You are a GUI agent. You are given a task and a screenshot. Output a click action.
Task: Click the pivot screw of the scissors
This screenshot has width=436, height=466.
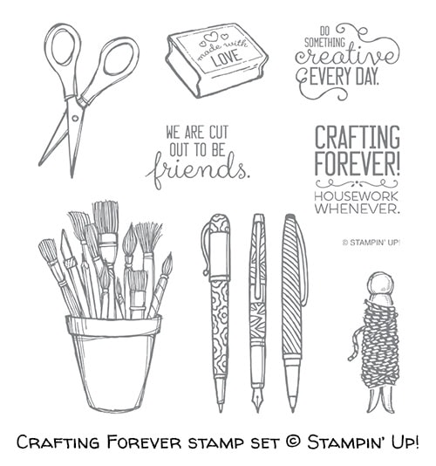tap(75, 119)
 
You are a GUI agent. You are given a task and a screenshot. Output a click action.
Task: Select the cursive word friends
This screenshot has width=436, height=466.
tap(197, 169)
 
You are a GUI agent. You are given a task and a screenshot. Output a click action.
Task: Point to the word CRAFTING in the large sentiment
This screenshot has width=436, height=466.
tap(358, 137)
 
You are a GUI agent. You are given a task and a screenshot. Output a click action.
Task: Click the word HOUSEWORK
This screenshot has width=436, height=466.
tap(356, 196)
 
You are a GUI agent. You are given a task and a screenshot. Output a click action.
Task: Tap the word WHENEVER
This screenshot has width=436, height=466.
tap(357, 208)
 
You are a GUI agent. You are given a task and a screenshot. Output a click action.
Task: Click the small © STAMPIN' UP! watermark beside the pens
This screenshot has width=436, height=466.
tap(371, 243)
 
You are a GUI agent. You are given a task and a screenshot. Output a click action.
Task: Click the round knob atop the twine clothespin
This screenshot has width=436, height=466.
tap(380, 284)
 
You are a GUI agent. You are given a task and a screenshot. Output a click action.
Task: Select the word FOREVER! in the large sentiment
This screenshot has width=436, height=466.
tap(358, 163)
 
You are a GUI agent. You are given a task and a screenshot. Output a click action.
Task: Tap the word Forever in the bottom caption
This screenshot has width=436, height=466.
tap(144, 442)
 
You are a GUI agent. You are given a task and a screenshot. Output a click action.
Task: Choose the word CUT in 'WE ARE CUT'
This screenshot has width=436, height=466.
tap(219, 133)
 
